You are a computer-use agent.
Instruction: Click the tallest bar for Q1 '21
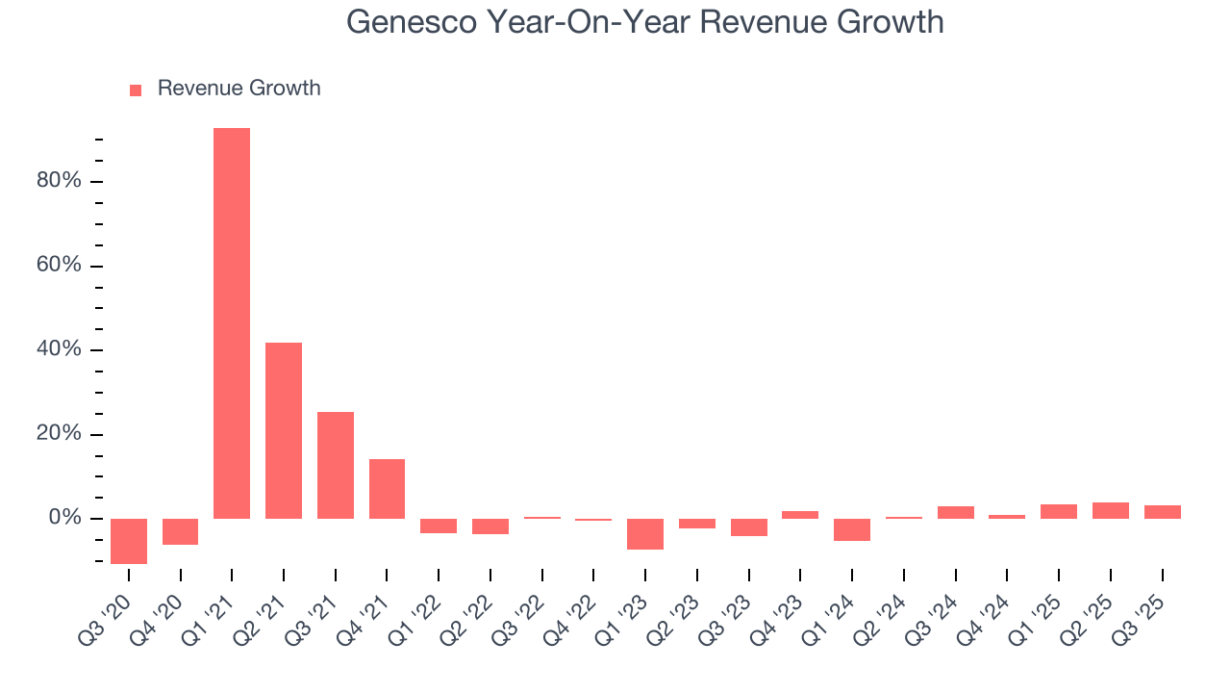click(232, 323)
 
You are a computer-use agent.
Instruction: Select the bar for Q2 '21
click(284, 430)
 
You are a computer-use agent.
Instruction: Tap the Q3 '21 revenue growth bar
click(336, 465)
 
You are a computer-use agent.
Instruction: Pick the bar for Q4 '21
click(387, 489)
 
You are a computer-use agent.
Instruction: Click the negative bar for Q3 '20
click(129, 541)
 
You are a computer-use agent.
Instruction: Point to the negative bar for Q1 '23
click(645, 534)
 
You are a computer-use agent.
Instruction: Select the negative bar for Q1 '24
click(852, 529)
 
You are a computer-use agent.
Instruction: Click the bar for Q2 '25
click(1111, 511)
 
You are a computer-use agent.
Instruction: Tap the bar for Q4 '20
click(180, 531)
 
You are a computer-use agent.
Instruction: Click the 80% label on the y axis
click(60, 182)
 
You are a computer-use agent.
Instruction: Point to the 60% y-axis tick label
click(60, 266)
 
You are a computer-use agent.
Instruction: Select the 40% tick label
click(60, 350)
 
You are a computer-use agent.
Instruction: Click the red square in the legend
click(136, 90)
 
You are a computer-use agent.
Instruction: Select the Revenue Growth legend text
click(239, 89)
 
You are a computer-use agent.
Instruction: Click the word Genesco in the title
click(411, 21)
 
